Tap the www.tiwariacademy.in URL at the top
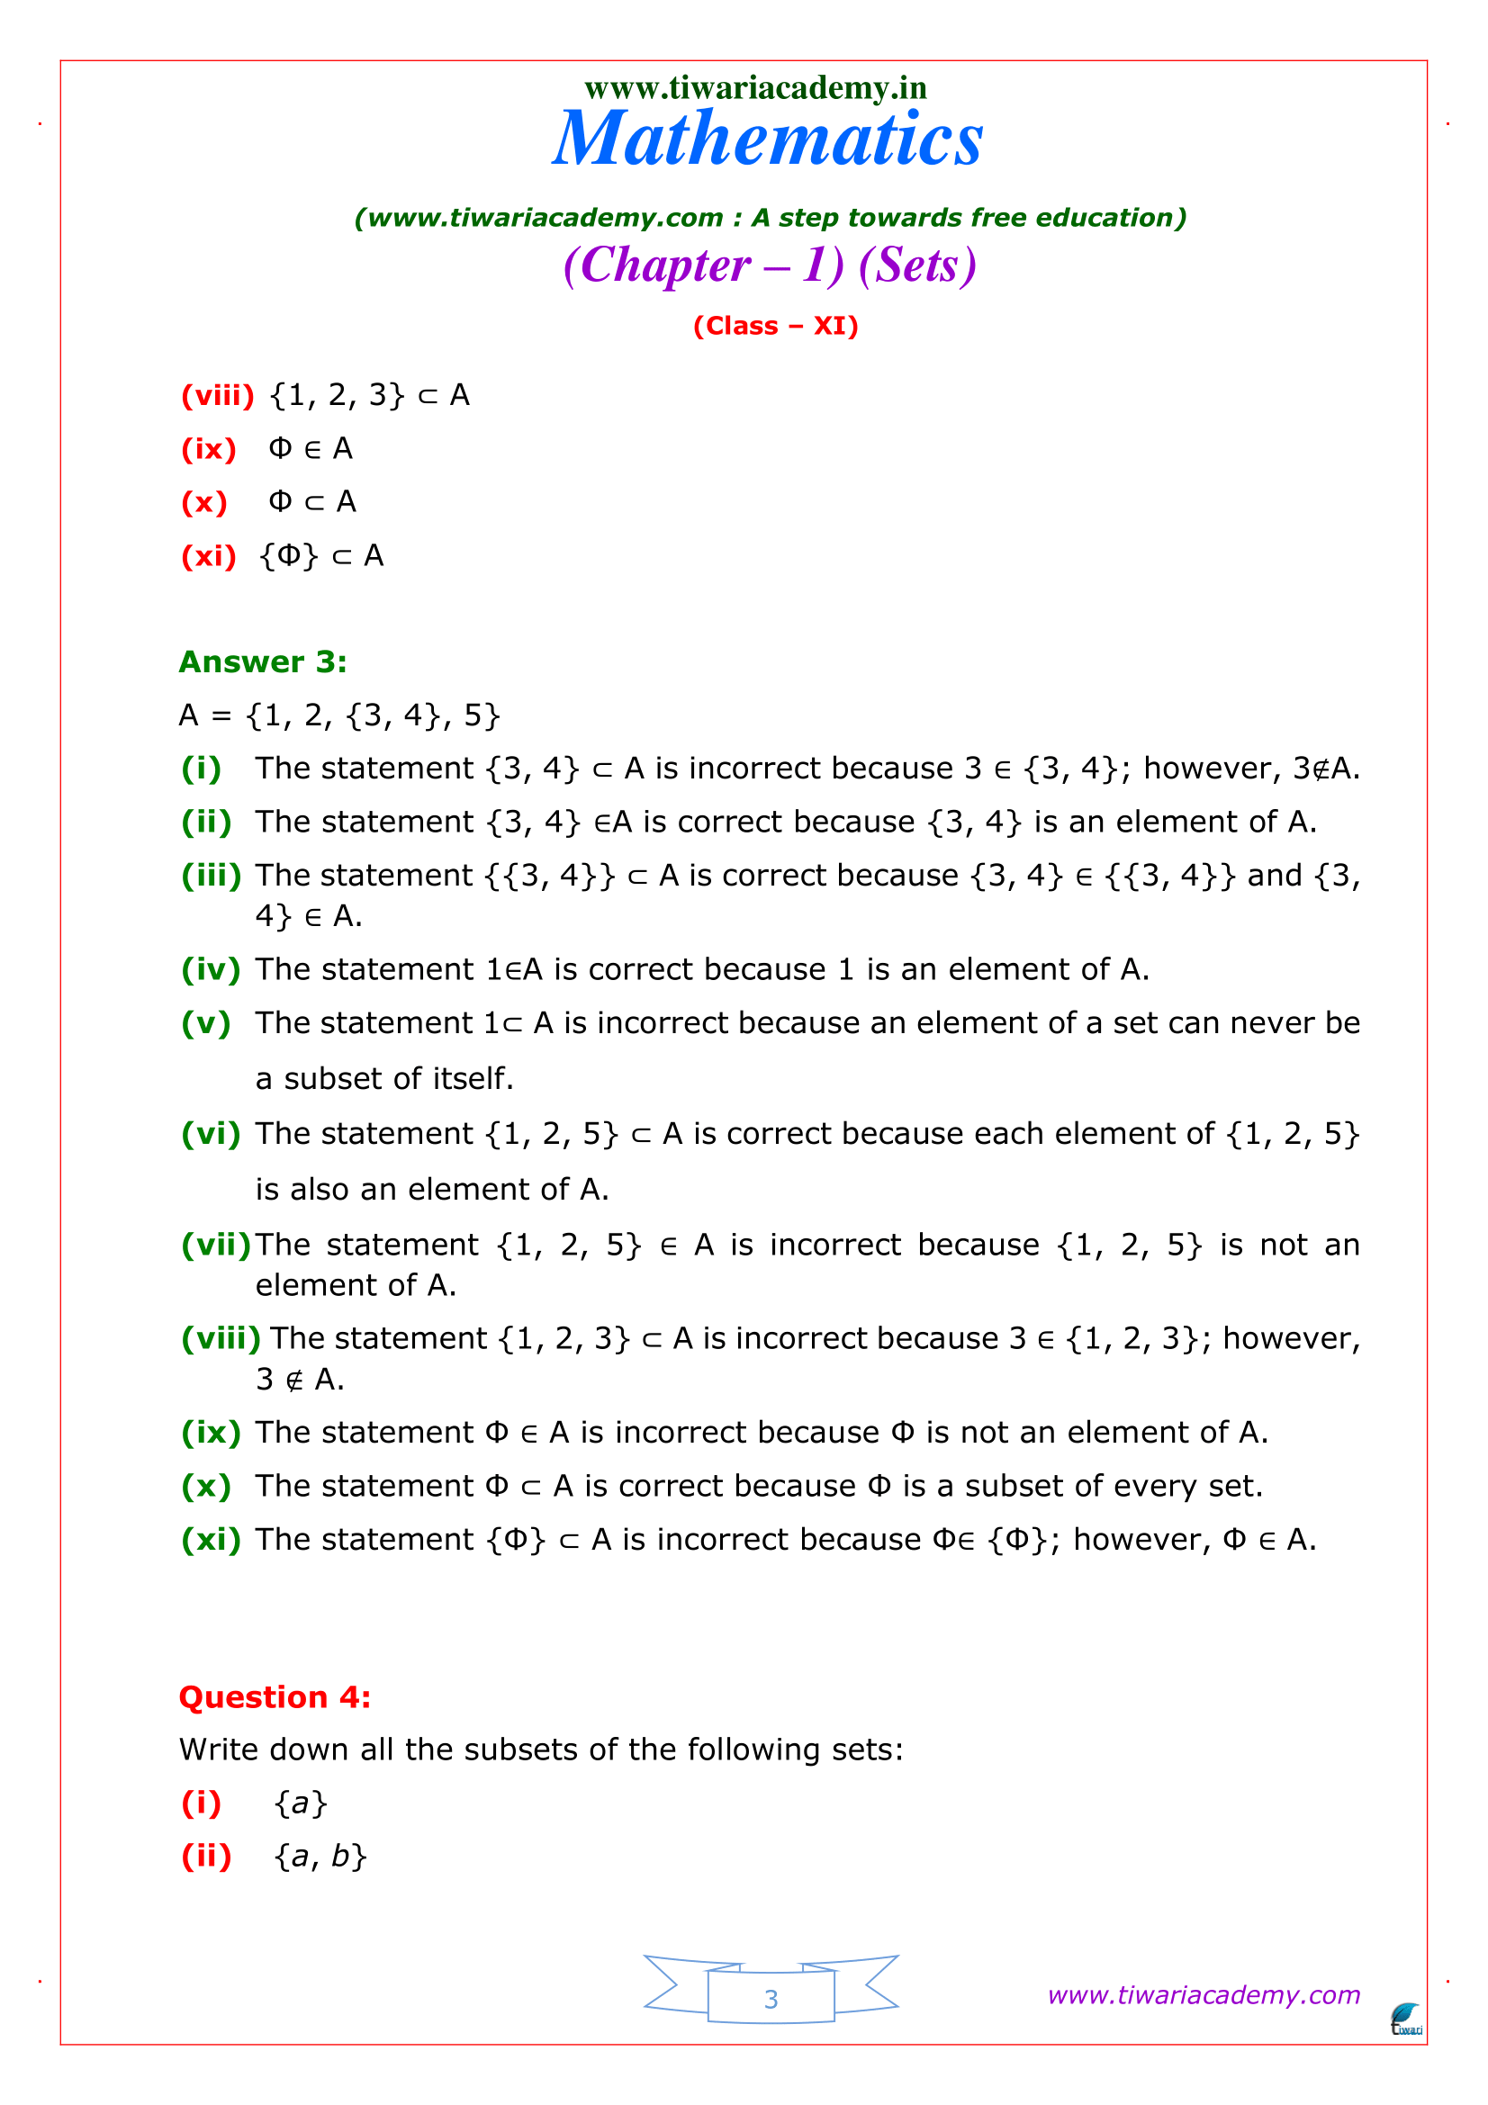click(755, 88)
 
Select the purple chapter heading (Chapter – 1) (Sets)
click(770, 265)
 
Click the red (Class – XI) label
click(775, 327)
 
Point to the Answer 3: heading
click(263, 662)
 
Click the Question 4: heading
click(275, 1697)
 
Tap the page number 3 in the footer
click(771, 2000)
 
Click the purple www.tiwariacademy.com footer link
click(1203, 1995)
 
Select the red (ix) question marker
click(209, 449)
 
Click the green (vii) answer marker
click(216, 1245)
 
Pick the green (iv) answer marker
click(211, 969)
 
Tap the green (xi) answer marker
click(211, 1539)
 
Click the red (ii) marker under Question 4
click(206, 1857)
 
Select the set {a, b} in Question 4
click(320, 1857)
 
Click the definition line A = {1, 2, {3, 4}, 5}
click(339, 715)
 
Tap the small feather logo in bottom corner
click(1405, 2019)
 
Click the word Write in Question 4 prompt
click(216, 1750)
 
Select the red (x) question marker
click(204, 502)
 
